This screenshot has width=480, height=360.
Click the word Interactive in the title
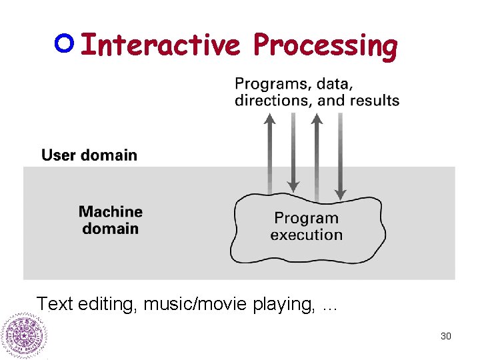pos(159,45)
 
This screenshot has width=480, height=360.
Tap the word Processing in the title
pos(325,45)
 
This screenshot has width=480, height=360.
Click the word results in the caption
pos(375,101)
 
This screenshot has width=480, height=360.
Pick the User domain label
pos(89,155)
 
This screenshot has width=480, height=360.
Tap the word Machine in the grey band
pos(111,212)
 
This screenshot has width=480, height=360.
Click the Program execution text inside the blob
pos(306,227)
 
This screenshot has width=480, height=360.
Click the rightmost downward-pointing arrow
pos(340,157)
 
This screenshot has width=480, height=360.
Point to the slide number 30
pos(446,336)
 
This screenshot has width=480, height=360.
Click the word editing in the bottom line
pos(107,305)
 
